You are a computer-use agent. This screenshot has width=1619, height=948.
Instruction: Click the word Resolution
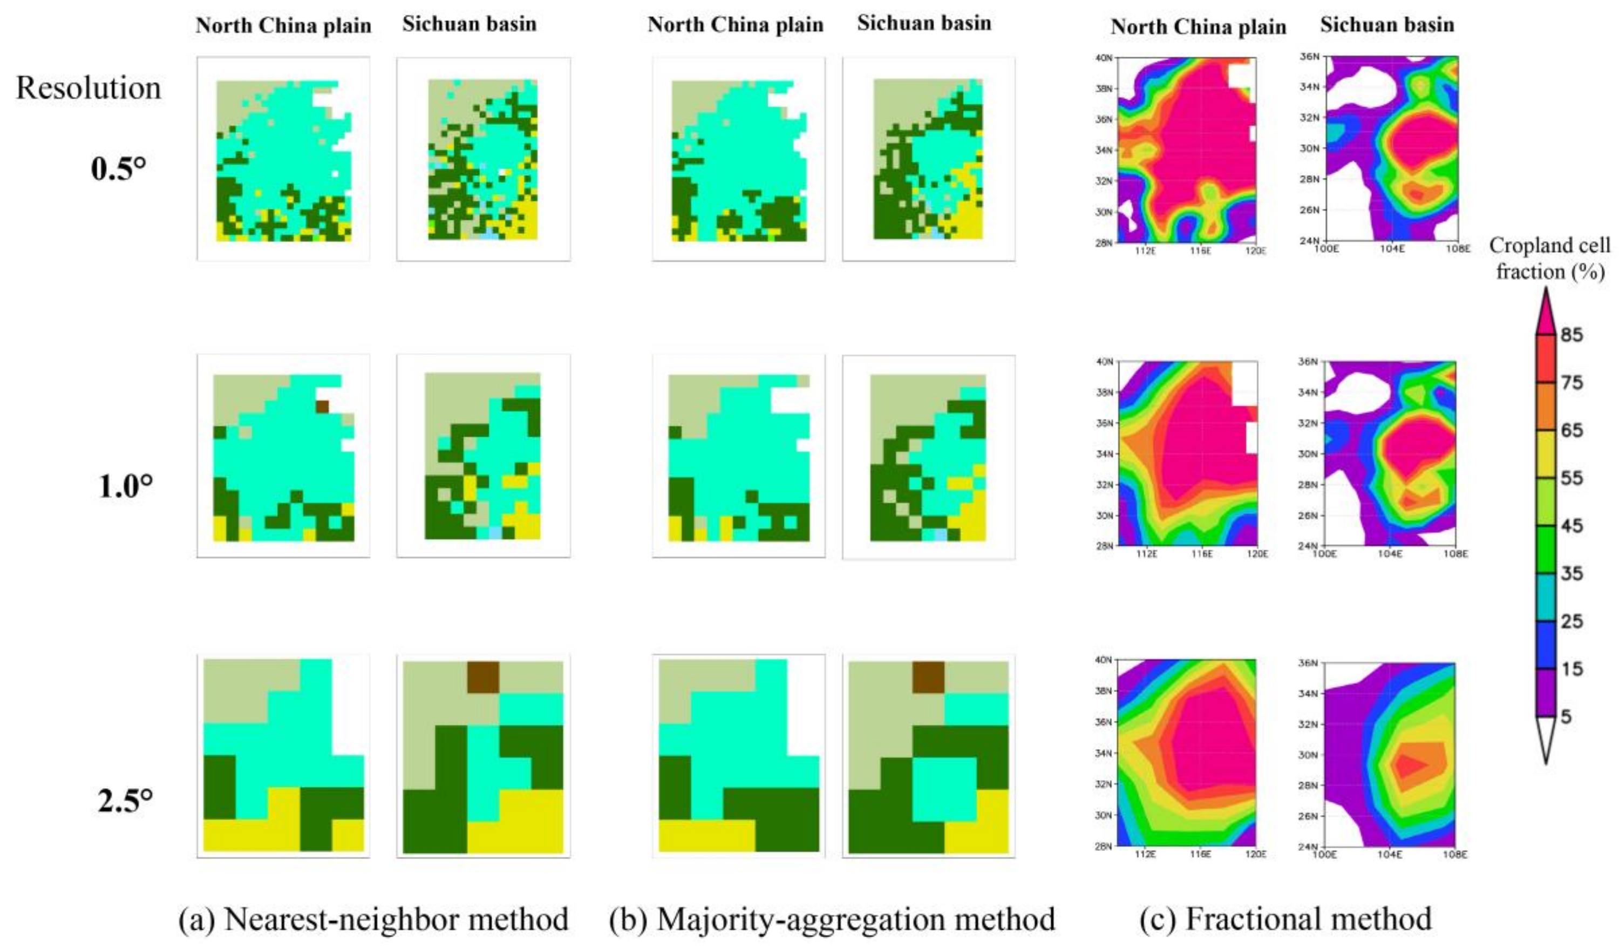pyautogui.click(x=89, y=88)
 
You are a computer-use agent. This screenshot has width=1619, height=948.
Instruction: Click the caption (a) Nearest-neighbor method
pyautogui.click(x=373, y=919)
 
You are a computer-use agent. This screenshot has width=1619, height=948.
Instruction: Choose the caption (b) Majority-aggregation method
pyautogui.click(x=832, y=919)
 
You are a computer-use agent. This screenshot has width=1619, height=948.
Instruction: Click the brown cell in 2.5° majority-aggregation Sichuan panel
pyautogui.click(x=928, y=678)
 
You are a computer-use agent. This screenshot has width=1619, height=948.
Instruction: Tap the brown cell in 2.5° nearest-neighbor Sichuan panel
pyautogui.click(x=483, y=678)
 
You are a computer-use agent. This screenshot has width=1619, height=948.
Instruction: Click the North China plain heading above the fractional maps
pyautogui.click(x=1198, y=27)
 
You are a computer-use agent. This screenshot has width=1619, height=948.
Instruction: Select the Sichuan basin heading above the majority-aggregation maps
pyautogui.click(x=924, y=23)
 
